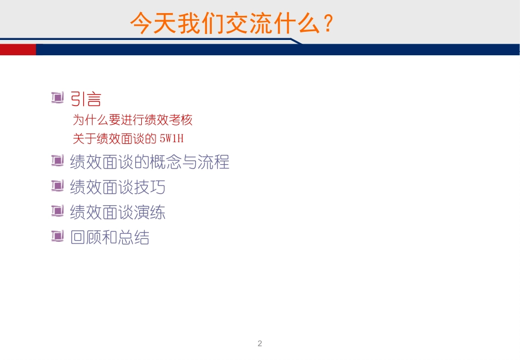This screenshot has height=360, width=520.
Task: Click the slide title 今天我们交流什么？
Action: tap(232, 24)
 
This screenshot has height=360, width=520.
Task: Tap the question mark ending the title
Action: tap(327, 24)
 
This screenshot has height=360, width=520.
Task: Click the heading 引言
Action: tap(86, 99)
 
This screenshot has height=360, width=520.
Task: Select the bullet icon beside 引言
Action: tap(57, 98)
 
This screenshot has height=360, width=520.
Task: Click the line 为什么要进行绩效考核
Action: tap(132, 120)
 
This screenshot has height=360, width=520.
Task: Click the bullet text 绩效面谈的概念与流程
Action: tap(149, 162)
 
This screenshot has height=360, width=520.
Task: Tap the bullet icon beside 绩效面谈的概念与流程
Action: tap(57, 161)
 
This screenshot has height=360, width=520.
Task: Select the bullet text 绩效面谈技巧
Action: tap(118, 187)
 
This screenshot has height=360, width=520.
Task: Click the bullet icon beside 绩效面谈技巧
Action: tap(57, 186)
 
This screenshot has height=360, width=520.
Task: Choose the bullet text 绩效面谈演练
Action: tap(118, 212)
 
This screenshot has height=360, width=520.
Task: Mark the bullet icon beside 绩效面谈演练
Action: tap(57, 211)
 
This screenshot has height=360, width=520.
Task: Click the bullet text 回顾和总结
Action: tap(109, 237)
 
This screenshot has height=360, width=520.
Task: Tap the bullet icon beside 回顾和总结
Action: tap(57, 236)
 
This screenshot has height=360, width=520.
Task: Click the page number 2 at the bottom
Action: tap(259, 344)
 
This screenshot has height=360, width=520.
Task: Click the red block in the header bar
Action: tap(18, 50)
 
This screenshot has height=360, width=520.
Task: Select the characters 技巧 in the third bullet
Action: tap(149, 187)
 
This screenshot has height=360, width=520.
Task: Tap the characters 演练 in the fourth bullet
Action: tap(149, 212)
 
